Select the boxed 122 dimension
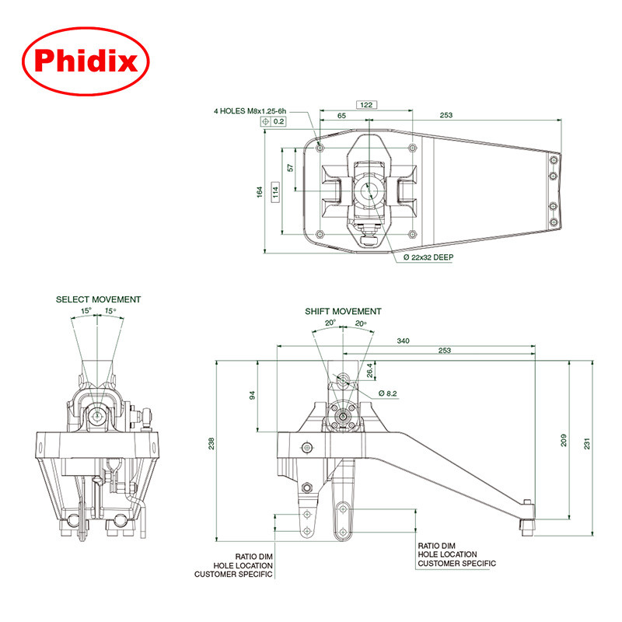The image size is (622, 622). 366,103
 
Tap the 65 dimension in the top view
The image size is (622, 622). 341,115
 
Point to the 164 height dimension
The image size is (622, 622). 261,192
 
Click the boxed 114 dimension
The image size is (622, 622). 275,191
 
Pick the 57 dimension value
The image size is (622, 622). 290,167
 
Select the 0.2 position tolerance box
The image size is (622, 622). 274,122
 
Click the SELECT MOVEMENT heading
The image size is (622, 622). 98,299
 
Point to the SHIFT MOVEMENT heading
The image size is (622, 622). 343,311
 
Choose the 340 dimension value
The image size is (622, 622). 404,341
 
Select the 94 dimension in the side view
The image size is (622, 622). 252,395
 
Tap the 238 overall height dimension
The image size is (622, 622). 211,443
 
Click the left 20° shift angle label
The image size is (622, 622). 330,323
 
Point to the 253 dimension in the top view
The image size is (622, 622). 446,115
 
